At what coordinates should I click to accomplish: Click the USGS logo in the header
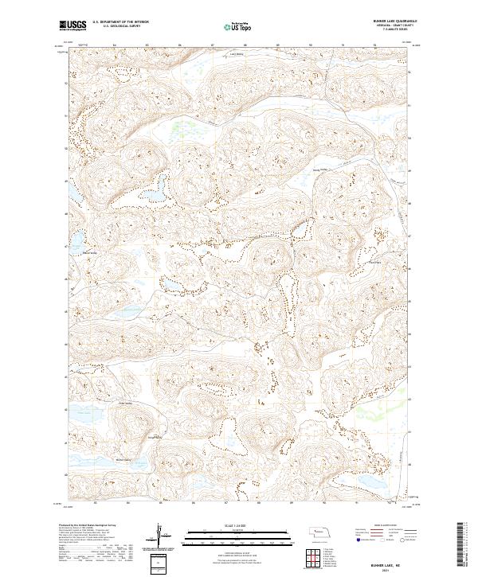(x=73, y=26)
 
